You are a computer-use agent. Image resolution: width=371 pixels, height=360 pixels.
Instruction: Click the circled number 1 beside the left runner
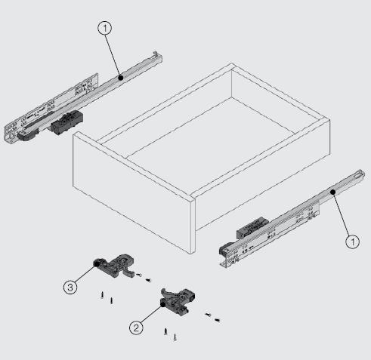[105, 29]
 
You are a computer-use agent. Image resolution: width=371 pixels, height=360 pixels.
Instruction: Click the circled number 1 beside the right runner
[353, 242]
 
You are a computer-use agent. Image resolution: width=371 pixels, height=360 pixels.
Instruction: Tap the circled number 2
[136, 328]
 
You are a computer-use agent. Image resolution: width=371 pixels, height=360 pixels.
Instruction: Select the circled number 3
[70, 287]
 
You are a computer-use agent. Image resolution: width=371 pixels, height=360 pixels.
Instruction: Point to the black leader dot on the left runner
[121, 78]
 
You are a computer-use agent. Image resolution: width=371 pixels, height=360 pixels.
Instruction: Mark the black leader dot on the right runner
[333, 192]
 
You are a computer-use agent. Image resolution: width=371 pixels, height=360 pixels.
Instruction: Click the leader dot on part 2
[163, 304]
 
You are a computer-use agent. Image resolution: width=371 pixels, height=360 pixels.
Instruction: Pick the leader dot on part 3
[96, 263]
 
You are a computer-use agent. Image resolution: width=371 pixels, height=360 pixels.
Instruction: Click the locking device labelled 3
[115, 266]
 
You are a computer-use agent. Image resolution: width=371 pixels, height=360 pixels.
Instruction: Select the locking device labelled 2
[178, 300]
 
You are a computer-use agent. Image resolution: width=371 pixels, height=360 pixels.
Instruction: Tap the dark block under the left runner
[66, 122]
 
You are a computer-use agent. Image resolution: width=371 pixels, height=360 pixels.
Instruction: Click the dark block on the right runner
[252, 228]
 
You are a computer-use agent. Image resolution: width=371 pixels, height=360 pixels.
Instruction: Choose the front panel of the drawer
[134, 192]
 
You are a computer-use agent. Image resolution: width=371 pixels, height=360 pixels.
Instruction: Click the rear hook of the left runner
[157, 55]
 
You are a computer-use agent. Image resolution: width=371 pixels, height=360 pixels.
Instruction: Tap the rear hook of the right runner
[360, 174]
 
